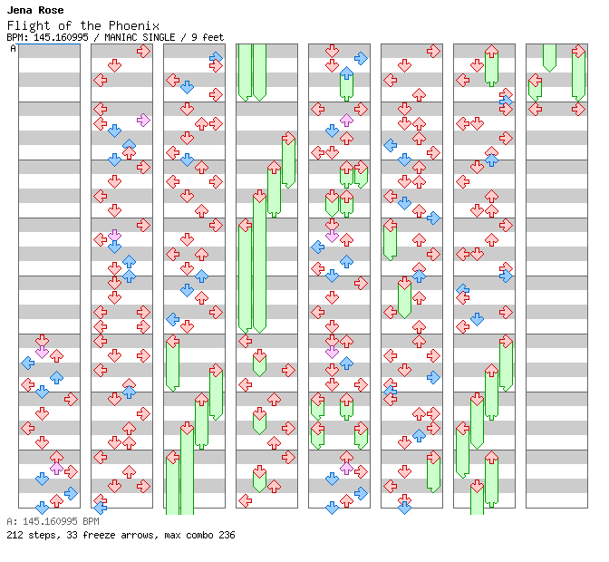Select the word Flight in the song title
[x=25, y=25]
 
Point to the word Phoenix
[x=136, y=25]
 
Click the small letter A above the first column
[x=13, y=49]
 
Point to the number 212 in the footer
[x=14, y=535]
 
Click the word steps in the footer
[x=41, y=535]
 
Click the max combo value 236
[x=227, y=535]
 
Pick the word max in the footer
[x=172, y=535]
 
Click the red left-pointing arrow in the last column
[x=536, y=109]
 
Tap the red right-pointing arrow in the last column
[x=578, y=109]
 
